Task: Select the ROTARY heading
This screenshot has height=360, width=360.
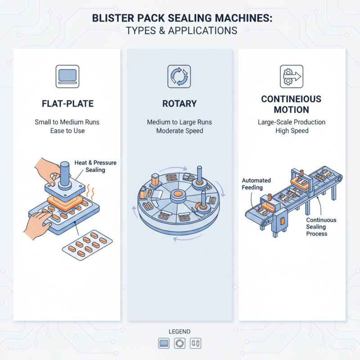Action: [x=180, y=104]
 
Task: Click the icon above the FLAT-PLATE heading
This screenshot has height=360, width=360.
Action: [x=67, y=76]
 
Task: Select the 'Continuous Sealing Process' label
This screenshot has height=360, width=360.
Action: [x=320, y=227]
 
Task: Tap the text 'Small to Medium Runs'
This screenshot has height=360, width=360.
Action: [x=67, y=122]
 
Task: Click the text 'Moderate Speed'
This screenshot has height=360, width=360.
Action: [x=180, y=131]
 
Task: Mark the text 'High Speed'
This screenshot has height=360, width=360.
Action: [x=292, y=131]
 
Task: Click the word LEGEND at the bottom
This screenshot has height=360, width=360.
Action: [x=180, y=331]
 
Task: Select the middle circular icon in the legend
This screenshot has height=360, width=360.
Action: [x=180, y=343]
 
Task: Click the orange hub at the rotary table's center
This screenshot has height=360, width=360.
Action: [x=177, y=195]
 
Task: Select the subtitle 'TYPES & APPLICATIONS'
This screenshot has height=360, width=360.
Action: [x=180, y=31]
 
